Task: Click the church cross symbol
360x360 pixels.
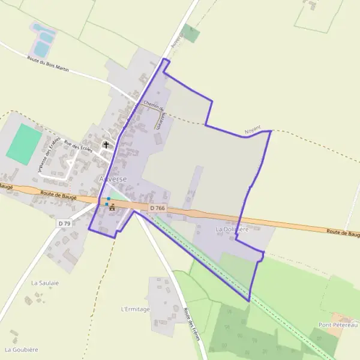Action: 107,145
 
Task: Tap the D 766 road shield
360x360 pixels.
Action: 157,208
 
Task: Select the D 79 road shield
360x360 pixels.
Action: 65,223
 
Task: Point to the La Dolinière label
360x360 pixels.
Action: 232,230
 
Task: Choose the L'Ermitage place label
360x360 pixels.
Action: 135,309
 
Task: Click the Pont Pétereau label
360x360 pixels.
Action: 338,325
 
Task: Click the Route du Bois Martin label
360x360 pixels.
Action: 48,64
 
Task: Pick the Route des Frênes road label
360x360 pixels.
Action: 191,325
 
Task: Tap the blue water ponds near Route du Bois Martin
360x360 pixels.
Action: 43,40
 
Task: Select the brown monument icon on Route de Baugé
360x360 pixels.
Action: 112,208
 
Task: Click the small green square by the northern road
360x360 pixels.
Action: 191,33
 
